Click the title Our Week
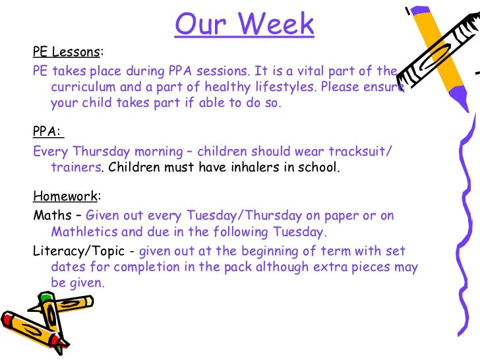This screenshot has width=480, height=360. click(x=245, y=24)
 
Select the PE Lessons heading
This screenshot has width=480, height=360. click(x=66, y=52)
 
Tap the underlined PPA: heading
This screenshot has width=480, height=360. click(x=47, y=131)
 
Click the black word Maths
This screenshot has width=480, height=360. click(x=51, y=215)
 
